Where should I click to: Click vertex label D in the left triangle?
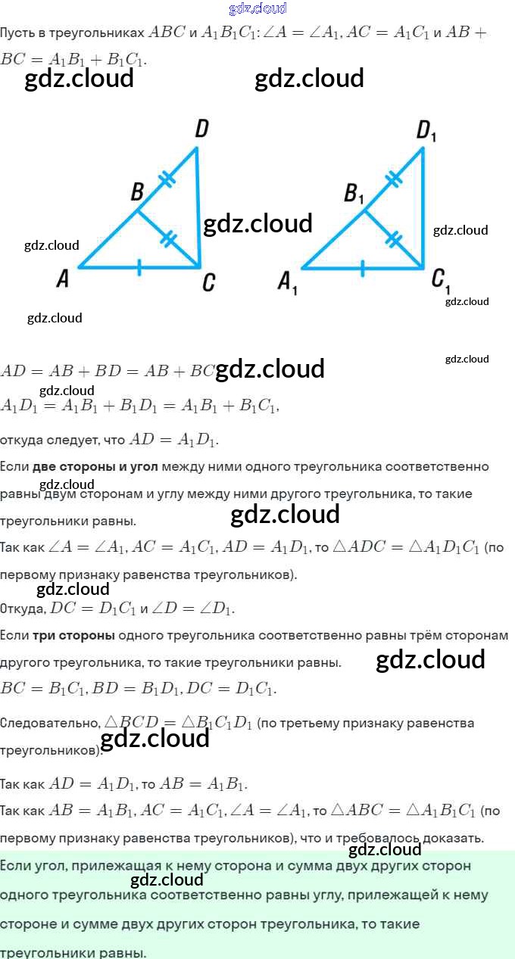[201, 129]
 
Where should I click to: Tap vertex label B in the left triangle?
[137, 192]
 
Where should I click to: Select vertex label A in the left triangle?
[63, 279]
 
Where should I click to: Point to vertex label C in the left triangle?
[209, 282]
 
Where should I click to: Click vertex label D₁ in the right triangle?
[426, 132]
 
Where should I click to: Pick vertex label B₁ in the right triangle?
[354, 194]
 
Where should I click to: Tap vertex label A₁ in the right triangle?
[287, 283]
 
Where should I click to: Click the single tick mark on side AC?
[139, 267]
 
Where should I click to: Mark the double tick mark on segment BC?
[169, 239]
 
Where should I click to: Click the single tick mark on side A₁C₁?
[362, 267]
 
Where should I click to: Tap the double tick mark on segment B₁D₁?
[393, 178]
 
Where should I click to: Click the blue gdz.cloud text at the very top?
[257, 8]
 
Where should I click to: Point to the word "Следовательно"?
[50, 723]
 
